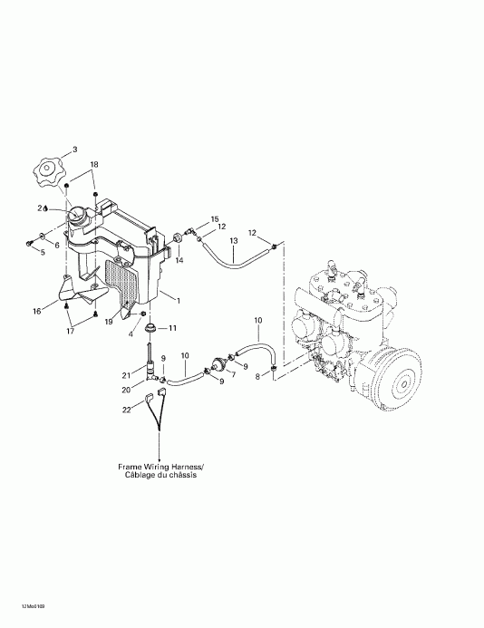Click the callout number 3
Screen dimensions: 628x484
pyautogui.click(x=75, y=149)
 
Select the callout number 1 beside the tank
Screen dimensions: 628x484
pyautogui.click(x=179, y=300)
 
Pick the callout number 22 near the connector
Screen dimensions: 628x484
pyautogui.click(x=126, y=411)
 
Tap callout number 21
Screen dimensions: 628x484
pyautogui.click(x=127, y=375)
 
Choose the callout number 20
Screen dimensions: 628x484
pyautogui.click(x=127, y=391)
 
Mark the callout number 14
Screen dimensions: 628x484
pyautogui.click(x=179, y=260)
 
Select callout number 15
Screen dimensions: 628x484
pyautogui.click(x=215, y=219)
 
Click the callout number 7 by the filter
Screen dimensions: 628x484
pyautogui.click(x=230, y=373)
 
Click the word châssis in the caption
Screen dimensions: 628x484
pyautogui.click(x=181, y=476)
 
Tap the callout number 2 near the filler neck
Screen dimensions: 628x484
pyautogui.click(x=40, y=208)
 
